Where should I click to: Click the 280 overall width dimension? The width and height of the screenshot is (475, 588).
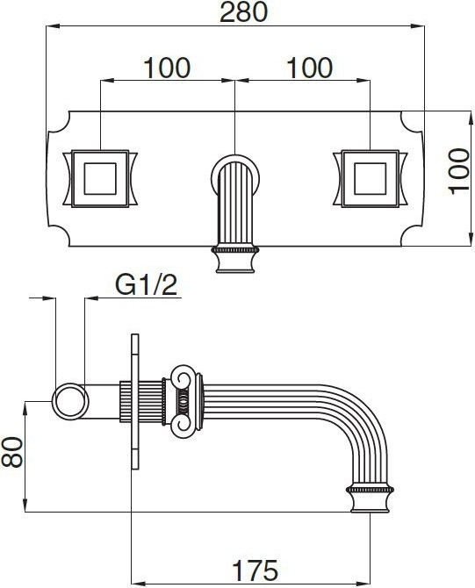[243, 11]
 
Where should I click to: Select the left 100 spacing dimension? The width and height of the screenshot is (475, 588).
[167, 68]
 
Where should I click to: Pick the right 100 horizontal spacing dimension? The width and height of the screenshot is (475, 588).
[310, 68]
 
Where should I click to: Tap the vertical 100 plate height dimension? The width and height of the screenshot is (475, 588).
[459, 171]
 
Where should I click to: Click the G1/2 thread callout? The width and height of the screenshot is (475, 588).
[146, 285]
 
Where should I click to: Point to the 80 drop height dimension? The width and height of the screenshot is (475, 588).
[12, 451]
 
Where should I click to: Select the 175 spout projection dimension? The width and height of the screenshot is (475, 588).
[255, 570]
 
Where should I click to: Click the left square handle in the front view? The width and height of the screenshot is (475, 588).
[100, 178]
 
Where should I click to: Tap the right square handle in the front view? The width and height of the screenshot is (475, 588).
[370, 178]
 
